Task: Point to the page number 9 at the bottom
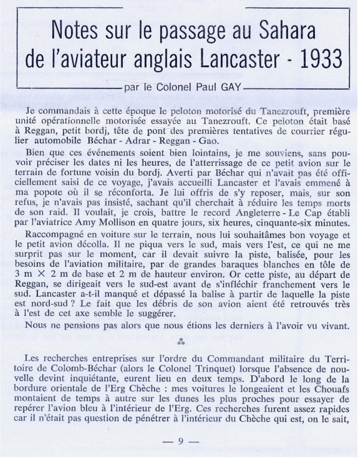click(181, 441)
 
